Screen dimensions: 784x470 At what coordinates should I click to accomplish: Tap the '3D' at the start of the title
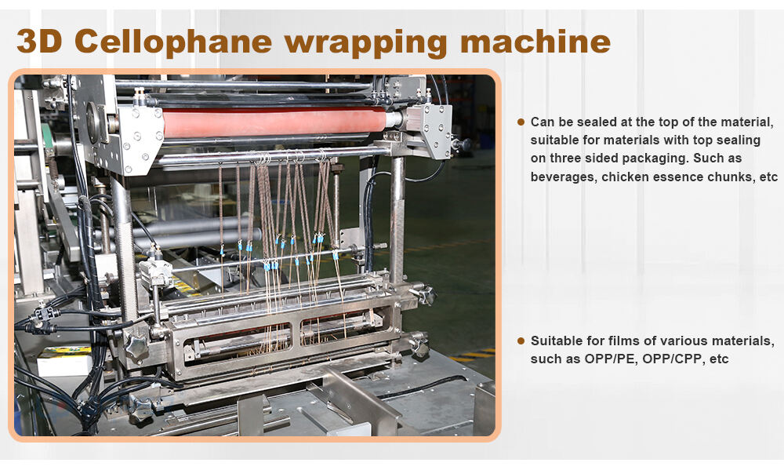click(x=39, y=41)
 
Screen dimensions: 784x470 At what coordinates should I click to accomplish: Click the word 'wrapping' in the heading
click(x=366, y=44)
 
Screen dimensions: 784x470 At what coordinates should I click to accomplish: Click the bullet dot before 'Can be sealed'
click(x=521, y=122)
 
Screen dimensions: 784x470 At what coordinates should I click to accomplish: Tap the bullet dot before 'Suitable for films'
click(x=521, y=341)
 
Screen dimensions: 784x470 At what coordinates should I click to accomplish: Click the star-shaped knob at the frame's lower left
click(x=136, y=345)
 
